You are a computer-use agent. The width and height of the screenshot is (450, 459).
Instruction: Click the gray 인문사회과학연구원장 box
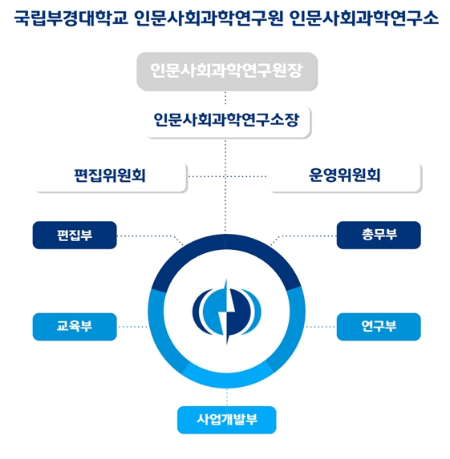click(x=227, y=71)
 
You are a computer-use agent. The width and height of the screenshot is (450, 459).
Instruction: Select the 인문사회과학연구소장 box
click(x=228, y=121)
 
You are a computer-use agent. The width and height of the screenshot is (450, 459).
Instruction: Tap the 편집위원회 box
click(x=111, y=176)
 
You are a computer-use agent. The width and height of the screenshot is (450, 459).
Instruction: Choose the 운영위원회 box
click(x=345, y=176)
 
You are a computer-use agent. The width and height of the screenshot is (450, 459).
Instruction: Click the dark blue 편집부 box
click(x=75, y=235)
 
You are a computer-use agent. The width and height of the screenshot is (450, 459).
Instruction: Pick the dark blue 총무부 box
click(x=379, y=235)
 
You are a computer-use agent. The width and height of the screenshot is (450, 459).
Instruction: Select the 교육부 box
click(x=75, y=327)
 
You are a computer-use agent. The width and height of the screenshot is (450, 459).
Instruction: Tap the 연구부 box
click(x=379, y=327)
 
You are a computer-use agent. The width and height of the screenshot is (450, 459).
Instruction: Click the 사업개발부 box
click(x=227, y=420)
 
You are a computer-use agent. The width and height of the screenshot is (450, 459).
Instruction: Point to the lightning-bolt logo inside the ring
click(x=227, y=312)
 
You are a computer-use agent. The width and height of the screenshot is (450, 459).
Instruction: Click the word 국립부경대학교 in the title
click(x=71, y=18)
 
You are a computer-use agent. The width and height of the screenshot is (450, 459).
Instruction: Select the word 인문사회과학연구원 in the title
click(x=209, y=18)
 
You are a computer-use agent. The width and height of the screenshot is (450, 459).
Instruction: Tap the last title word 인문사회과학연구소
click(x=364, y=18)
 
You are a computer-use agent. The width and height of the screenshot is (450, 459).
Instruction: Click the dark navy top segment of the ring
click(x=227, y=242)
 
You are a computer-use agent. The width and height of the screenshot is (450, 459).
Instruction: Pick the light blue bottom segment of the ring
click(x=227, y=380)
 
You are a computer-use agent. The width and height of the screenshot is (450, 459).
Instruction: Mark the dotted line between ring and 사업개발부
click(x=227, y=397)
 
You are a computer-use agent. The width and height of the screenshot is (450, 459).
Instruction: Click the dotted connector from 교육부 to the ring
click(x=132, y=327)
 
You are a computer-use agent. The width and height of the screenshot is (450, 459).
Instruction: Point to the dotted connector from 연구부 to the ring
click(x=321, y=327)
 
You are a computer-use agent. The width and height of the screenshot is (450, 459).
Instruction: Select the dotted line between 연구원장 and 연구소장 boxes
click(x=225, y=99)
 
